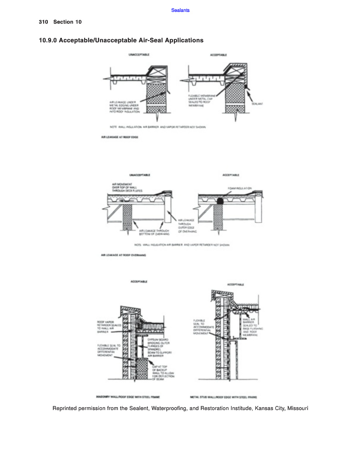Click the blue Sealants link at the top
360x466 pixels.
point(181,10)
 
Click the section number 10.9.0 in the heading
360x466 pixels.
point(49,41)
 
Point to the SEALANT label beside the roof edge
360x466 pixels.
point(258,103)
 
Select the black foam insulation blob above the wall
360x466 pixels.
point(220,200)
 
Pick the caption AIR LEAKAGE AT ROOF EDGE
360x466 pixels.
point(120,136)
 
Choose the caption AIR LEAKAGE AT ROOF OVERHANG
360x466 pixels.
point(123,255)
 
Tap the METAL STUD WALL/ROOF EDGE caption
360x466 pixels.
point(223,397)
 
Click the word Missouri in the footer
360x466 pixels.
point(298,408)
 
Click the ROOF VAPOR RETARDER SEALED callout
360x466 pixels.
point(108,327)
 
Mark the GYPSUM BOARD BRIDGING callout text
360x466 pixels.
point(159,348)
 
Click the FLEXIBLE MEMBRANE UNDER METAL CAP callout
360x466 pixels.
point(201,101)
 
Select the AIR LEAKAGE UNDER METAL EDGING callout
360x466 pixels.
point(123,106)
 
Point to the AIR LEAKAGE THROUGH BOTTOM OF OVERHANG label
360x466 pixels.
point(154,233)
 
